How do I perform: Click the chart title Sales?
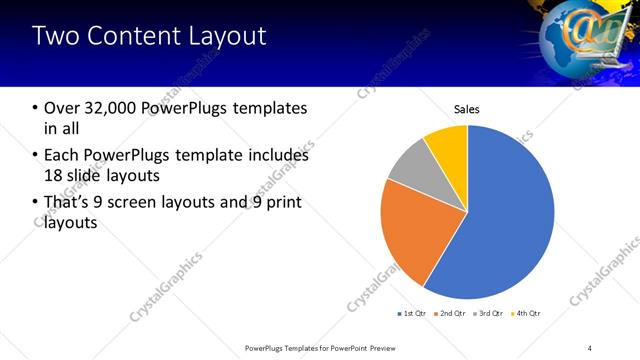(467, 108)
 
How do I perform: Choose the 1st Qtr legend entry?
(411, 313)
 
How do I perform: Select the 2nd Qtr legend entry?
(450, 313)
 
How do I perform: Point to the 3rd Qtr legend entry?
(488, 313)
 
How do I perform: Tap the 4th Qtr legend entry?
(526, 313)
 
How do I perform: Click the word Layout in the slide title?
(222, 37)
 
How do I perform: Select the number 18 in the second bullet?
(55, 175)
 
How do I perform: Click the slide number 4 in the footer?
(590, 347)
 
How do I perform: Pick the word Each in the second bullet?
(62, 156)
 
